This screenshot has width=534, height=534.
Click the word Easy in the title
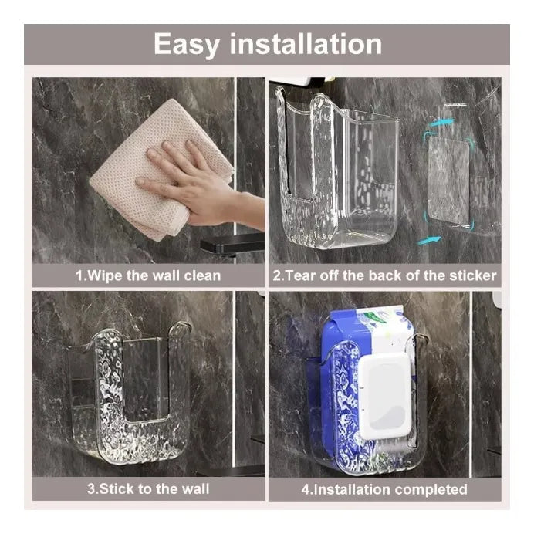click(x=187, y=45)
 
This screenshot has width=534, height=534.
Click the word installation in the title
click(x=306, y=43)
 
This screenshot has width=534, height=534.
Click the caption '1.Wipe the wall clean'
click(x=148, y=275)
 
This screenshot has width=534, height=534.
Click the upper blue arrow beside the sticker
click(x=441, y=123)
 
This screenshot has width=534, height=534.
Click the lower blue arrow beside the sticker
click(x=429, y=240)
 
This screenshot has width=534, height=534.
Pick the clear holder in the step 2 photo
click(x=337, y=167)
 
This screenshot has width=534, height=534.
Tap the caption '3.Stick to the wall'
click(x=148, y=489)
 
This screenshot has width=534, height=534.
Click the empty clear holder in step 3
click(x=130, y=395)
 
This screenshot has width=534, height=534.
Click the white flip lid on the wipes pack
click(x=384, y=396)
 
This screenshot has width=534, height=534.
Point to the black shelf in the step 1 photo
click(x=232, y=242)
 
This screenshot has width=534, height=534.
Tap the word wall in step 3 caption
click(x=195, y=489)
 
